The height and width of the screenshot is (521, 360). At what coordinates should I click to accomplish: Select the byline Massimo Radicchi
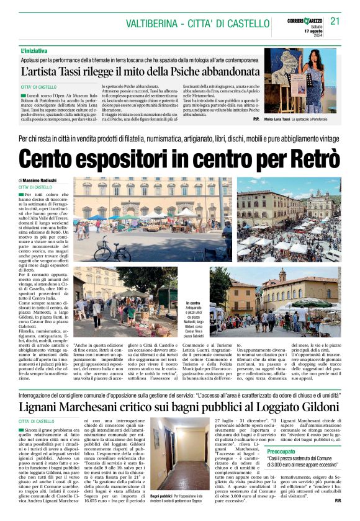48,180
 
